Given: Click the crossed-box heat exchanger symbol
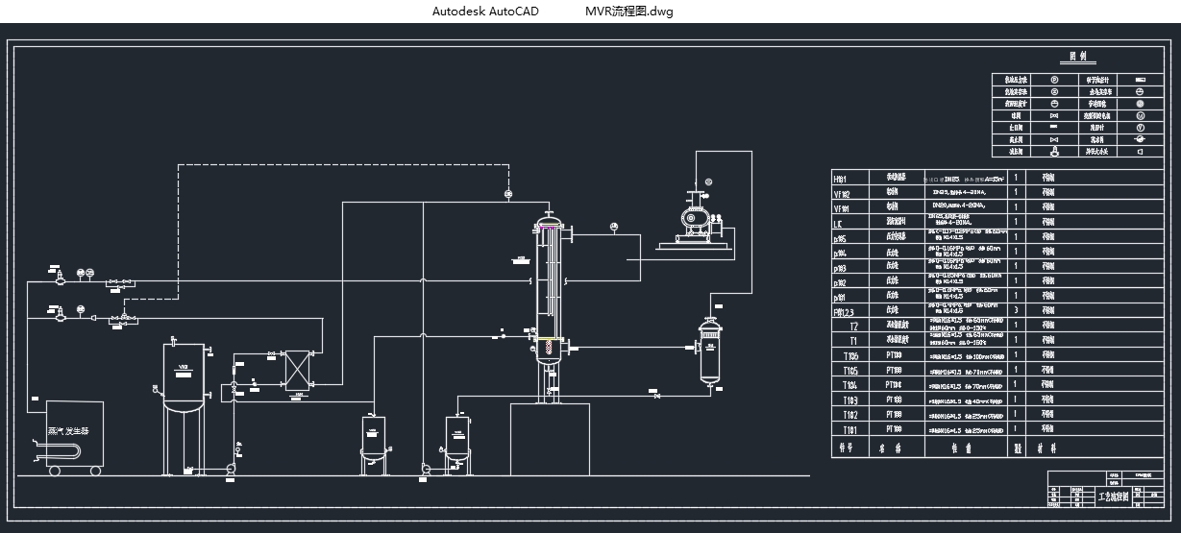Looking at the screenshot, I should pyautogui.click(x=297, y=370).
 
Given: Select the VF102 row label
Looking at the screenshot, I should pyautogui.click(x=842, y=193).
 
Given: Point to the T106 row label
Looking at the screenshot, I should pyautogui.click(x=849, y=355).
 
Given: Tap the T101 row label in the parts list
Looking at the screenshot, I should pyautogui.click(x=849, y=430).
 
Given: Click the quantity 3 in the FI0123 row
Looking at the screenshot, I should pyautogui.click(x=1016, y=311).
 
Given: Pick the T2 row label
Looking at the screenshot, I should pyautogui.click(x=853, y=327).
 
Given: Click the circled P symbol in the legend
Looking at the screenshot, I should pyautogui.click(x=1054, y=80).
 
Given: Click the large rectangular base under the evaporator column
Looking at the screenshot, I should pyautogui.click(x=549, y=439).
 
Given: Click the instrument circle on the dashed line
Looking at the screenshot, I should pyautogui.click(x=508, y=195).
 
